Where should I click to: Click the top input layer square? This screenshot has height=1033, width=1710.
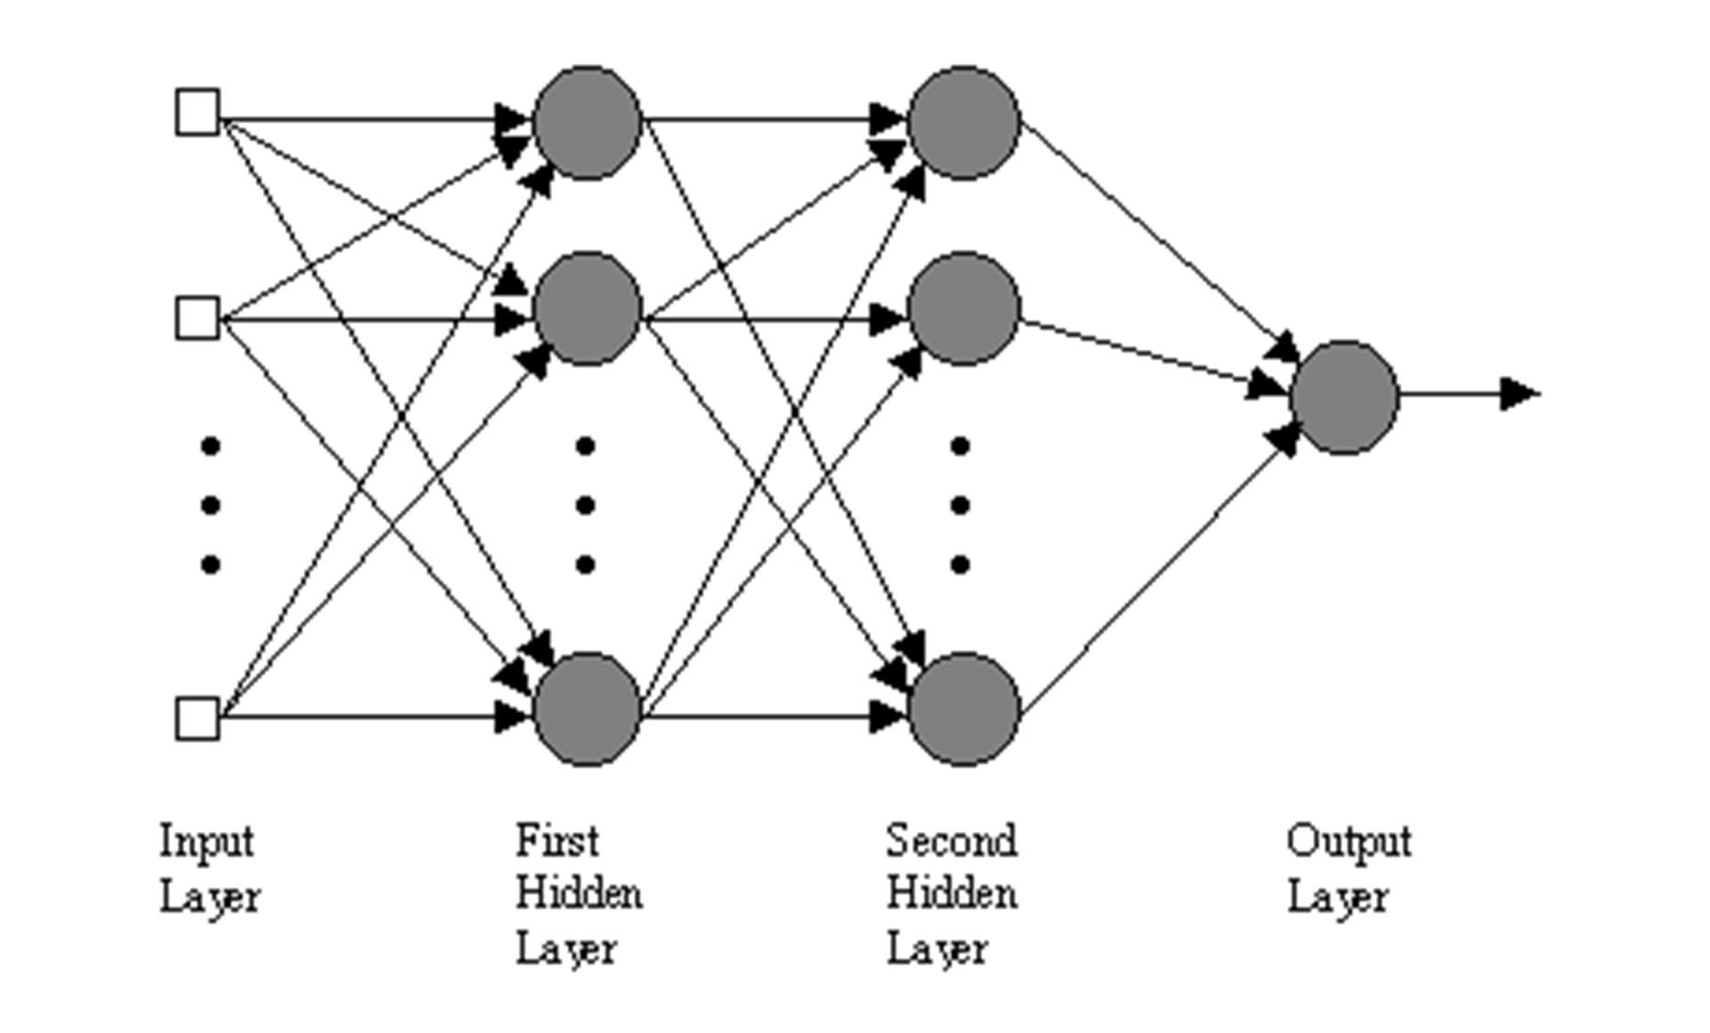[x=198, y=112]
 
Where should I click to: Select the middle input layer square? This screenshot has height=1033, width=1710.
[x=198, y=318]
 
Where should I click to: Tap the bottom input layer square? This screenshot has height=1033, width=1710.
[x=198, y=719]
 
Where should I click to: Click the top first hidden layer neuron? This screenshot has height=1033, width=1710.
[x=588, y=122]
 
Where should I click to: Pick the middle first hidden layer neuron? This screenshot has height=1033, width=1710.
[x=588, y=308]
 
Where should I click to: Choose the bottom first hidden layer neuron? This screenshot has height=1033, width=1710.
[x=588, y=709]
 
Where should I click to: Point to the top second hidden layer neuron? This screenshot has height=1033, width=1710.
[x=964, y=122]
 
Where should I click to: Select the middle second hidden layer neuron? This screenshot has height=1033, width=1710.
[x=964, y=308]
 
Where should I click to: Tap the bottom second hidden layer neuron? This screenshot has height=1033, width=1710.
[x=964, y=709]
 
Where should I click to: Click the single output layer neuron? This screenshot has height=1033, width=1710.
[x=1345, y=397]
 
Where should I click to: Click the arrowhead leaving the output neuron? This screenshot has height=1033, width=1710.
[x=1519, y=394]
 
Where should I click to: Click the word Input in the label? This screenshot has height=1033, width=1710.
[x=207, y=842]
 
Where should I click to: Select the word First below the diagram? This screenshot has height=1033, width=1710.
[x=558, y=840]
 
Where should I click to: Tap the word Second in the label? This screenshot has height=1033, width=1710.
[x=951, y=840]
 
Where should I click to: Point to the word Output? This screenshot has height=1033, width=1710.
[x=1348, y=842]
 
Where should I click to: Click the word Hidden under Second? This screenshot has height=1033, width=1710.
[x=951, y=893]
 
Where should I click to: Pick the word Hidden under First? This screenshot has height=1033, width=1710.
[x=579, y=893]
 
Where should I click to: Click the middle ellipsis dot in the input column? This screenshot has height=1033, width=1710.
[x=211, y=506]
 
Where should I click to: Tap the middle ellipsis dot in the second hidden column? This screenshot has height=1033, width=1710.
[x=960, y=506]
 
